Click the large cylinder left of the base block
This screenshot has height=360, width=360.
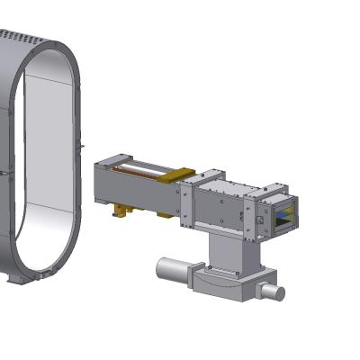click(x=174, y=271)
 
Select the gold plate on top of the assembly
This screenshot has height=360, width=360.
click(x=175, y=175)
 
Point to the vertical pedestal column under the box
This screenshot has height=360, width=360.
click(x=227, y=251)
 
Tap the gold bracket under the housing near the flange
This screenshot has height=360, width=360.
click(x=163, y=215)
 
